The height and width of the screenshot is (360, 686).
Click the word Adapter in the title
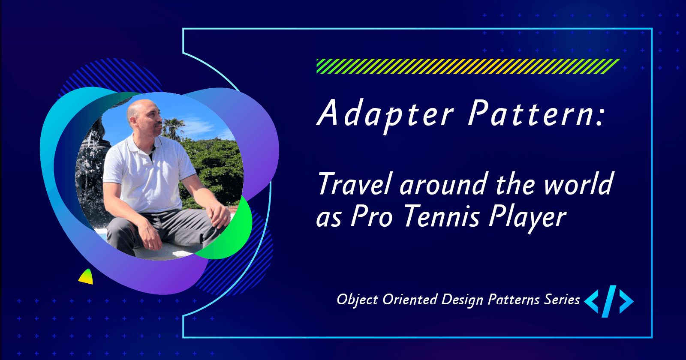385,114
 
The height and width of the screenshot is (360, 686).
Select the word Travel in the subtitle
355,184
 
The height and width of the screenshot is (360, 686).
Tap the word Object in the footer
358,300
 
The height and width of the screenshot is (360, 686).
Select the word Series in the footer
562,299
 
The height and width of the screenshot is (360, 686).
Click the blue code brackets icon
609,301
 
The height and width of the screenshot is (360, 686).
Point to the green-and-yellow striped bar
468,66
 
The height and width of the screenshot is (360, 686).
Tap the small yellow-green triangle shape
86,277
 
